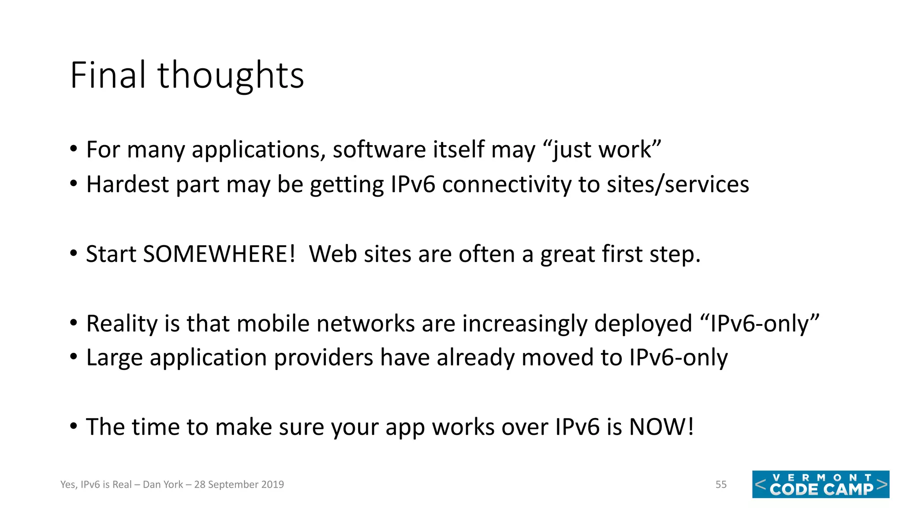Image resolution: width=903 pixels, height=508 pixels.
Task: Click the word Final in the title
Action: (x=108, y=75)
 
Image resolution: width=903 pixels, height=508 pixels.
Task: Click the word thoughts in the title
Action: (x=231, y=75)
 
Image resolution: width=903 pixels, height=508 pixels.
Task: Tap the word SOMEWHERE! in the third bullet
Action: (x=219, y=254)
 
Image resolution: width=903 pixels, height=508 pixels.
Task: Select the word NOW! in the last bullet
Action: (x=661, y=427)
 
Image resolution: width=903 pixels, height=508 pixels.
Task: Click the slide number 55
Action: (x=721, y=485)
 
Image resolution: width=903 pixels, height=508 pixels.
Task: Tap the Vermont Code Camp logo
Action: (x=821, y=484)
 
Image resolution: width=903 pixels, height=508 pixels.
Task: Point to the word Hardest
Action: (x=127, y=184)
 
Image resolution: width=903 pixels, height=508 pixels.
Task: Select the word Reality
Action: (x=122, y=324)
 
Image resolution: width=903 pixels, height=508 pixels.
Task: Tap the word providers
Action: (x=323, y=357)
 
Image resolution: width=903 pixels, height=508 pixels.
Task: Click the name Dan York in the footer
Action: (x=163, y=485)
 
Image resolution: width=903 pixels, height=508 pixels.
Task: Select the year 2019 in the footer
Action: (x=272, y=485)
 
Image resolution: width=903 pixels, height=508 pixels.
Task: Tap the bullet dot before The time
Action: (x=74, y=426)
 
